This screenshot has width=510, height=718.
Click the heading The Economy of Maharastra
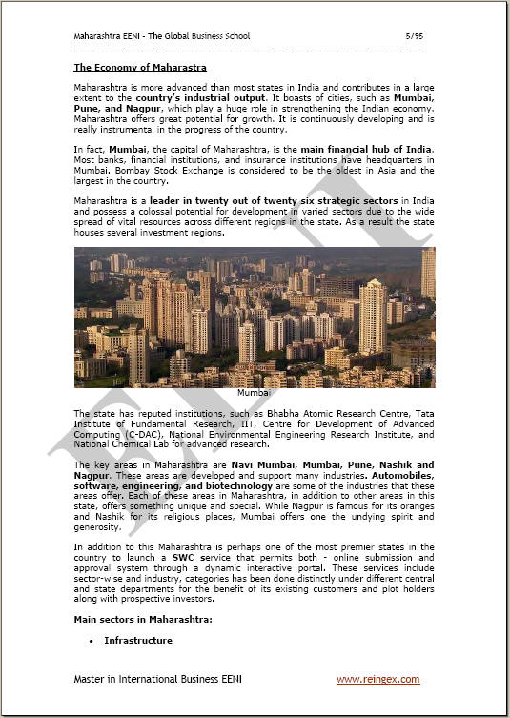140,67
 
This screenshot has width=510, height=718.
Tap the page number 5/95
413,36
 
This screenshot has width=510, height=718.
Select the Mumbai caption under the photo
254,393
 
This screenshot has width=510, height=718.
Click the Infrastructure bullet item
138,640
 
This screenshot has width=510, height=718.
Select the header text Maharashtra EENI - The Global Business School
162,36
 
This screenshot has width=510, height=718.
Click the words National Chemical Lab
121,444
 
